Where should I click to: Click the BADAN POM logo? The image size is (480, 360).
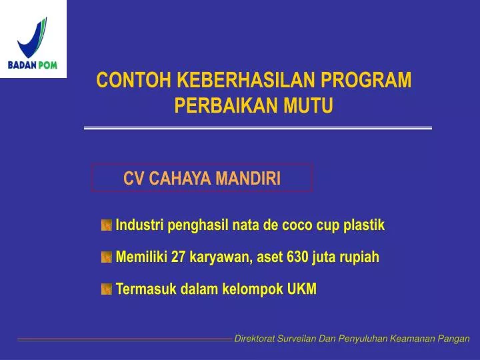(33, 39)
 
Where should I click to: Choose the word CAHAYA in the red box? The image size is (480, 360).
(179, 178)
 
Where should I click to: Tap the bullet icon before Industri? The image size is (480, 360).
(107, 226)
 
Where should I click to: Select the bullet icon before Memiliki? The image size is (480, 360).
(107, 257)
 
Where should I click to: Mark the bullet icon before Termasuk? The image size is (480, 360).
(107, 289)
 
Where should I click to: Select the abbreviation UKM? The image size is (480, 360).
(302, 289)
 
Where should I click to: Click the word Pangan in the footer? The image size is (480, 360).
(455, 339)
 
